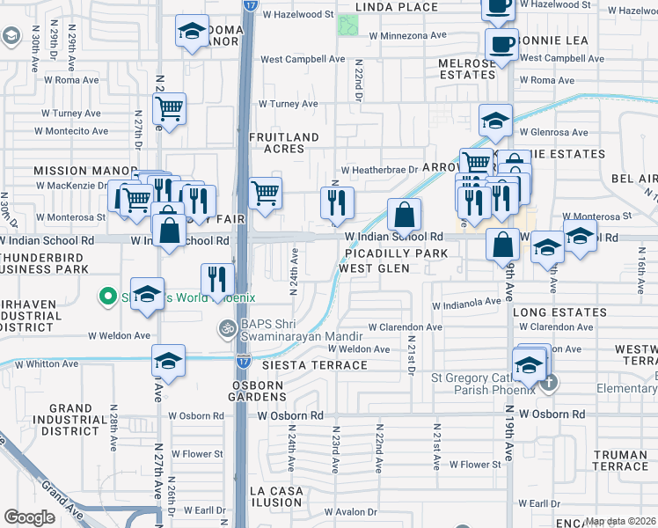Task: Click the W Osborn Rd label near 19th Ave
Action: pyautogui.click(x=552, y=414)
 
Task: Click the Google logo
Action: pyautogui.click(x=29, y=517)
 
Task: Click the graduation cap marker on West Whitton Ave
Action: pyautogui.click(x=167, y=361)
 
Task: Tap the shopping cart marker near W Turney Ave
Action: pyautogui.click(x=169, y=109)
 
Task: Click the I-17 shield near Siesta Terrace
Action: pyautogui.click(x=243, y=361)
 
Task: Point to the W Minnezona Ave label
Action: pyautogui.click(x=408, y=36)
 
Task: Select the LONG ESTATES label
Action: pyautogui.click(x=554, y=312)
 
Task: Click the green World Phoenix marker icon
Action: pyautogui.click(x=108, y=297)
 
